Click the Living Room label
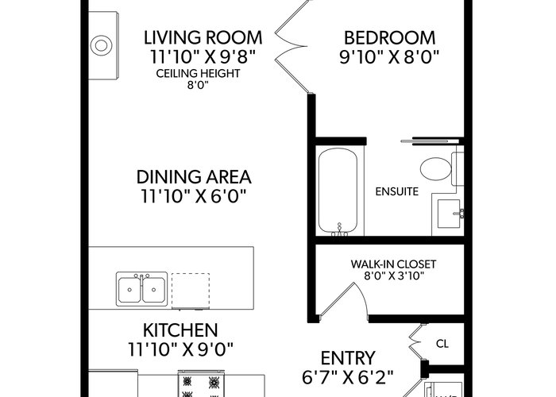tap(203, 38)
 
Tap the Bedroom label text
tap(389, 38)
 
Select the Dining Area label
tap(194, 177)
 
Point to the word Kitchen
tap(180, 330)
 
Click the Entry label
tap(348, 358)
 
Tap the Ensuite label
tap(397, 192)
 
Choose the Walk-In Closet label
tap(393, 264)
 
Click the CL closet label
tap(442, 344)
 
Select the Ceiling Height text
tap(198, 73)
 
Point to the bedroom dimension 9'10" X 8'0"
tap(389, 57)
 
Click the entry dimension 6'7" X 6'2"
tap(348, 377)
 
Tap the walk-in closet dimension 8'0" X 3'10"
tap(394, 276)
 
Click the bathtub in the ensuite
tap(338, 191)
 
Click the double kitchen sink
tap(142, 289)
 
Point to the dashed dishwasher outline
tap(191, 291)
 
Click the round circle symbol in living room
tap(101, 45)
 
